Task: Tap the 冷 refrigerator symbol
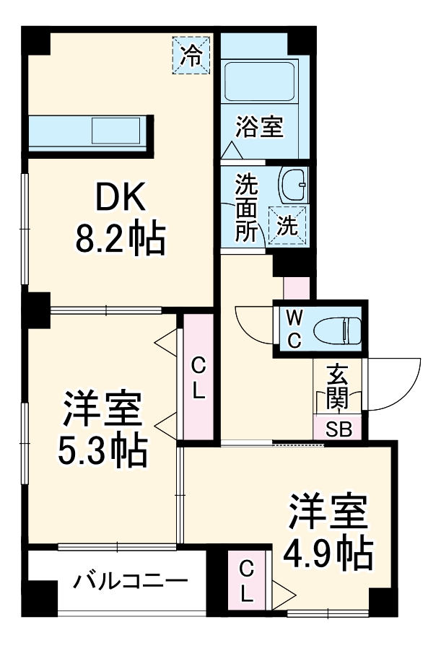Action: tap(191, 53)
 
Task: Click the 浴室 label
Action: tap(258, 129)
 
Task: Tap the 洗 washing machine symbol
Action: tap(287, 224)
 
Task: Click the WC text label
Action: tap(294, 329)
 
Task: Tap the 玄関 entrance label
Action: tap(336, 387)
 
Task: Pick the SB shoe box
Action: tap(337, 429)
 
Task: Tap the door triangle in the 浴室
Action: tap(232, 151)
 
